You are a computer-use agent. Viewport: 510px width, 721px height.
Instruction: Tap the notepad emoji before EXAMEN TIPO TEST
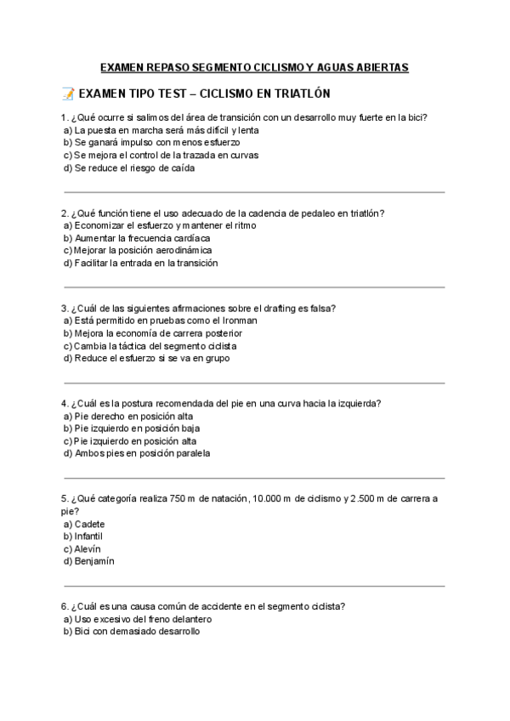[x=68, y=94]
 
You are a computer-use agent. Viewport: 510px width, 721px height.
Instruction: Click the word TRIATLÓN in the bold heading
[x=298, y=94]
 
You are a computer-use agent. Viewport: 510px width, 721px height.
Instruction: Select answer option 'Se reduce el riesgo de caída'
[x=134, y=168]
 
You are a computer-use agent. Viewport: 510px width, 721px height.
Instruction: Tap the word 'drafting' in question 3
[x=268, y=309]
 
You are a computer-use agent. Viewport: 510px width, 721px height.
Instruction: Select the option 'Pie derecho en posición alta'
[x=133, y=417]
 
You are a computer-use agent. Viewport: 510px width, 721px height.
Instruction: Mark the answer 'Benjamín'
[x=93, y=561]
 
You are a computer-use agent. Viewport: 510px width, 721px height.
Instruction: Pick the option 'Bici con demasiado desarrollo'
[x=137, y=632]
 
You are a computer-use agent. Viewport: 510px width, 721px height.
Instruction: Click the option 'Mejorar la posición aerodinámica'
[x=143, y=251]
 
